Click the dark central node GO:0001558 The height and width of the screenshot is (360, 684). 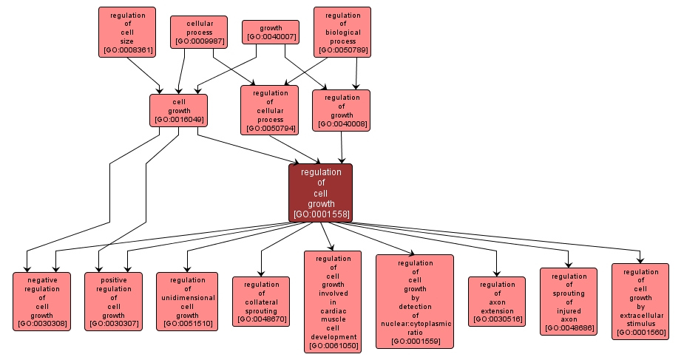[x=320, y=192]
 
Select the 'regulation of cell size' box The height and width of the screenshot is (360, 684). [x=127, y=32]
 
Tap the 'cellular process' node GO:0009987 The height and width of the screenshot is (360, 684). [x=200, y=33]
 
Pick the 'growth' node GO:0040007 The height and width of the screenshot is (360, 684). [x=271, y=32]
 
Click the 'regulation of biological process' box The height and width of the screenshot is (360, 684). [x=342, y=32]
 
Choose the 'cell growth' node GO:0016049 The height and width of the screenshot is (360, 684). [x=178, y=110]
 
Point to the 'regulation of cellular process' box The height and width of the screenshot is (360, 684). [x=270, y=110]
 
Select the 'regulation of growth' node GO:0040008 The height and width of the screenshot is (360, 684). [x=342, y=110]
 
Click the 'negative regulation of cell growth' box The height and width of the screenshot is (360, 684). [x=42, y=301]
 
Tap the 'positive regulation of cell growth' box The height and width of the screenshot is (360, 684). [x=113, y=301]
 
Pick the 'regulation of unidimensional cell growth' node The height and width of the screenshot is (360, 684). [x=187, y=301]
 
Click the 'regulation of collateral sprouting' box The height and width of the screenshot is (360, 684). [x=261, y=301]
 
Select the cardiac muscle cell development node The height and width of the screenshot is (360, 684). [x=333, y=301]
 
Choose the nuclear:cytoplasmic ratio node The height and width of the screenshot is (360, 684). [x=415, y=301]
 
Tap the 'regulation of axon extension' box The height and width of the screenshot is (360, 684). [x=497, y=301]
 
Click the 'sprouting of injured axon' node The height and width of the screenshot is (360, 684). [x=569, y=301]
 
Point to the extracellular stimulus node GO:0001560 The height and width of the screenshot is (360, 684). [x=640, y=301]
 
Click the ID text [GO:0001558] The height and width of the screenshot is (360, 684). [x=320, y=214]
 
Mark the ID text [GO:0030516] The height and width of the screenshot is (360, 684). [x=497, y=319]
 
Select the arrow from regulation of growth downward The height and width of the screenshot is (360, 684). [x=342, y=146]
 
